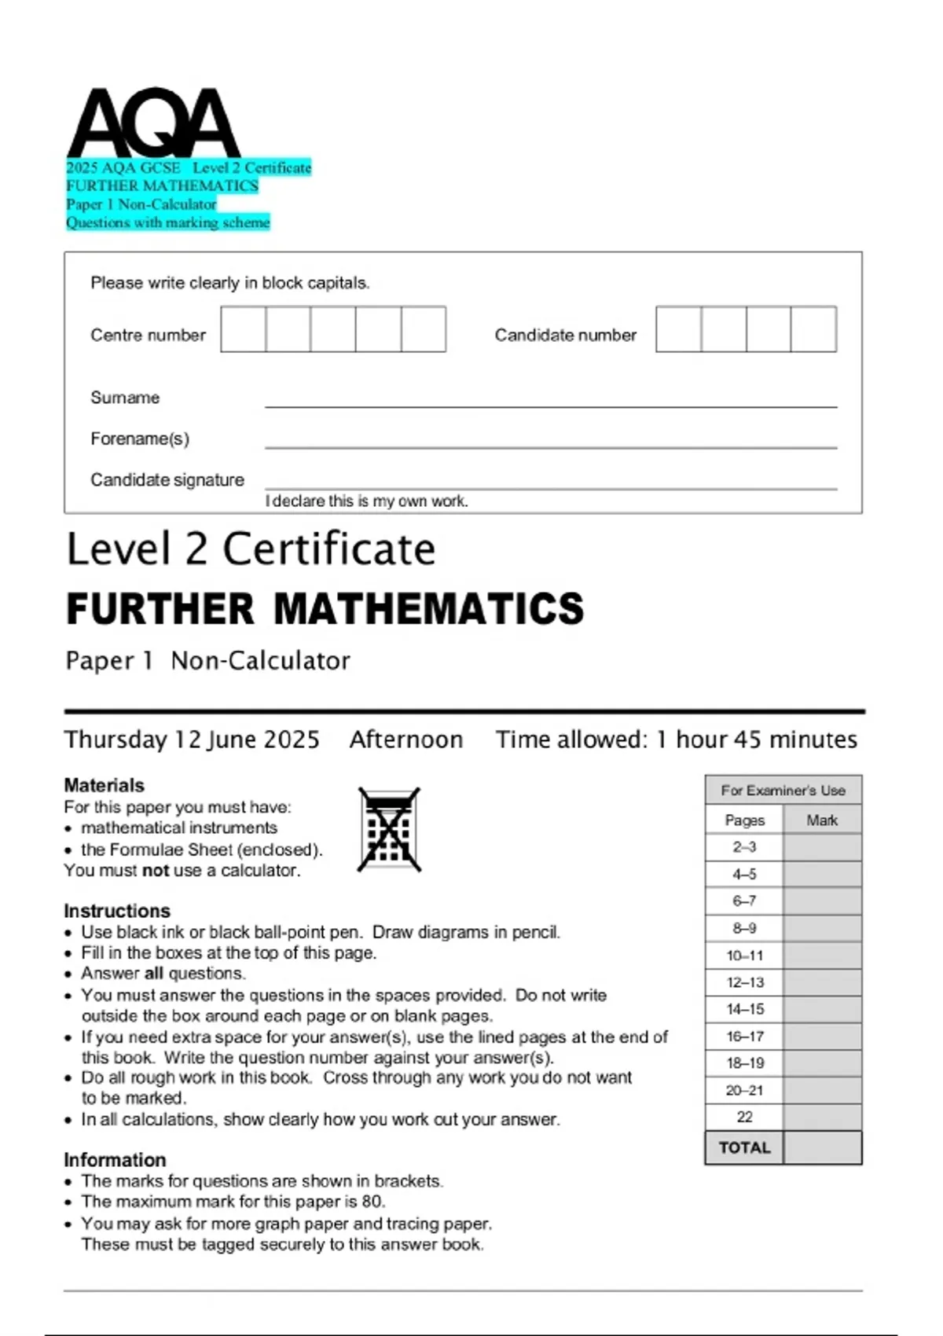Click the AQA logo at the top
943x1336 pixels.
click(154, 124)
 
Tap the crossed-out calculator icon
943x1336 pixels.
click(389, 830)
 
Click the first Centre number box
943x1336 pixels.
click(243, 329)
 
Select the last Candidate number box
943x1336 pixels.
click(813, 329)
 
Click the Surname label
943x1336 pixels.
click(125, 398)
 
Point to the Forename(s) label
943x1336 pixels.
click(140, 439)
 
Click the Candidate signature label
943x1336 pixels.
click(167, 479)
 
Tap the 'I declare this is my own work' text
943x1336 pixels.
click(366, 501)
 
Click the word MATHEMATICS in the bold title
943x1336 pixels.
click(428, 609)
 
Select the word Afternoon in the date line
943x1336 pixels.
click(406, 740)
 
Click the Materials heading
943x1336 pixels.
click(105, 785)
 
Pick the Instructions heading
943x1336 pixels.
click(117, 911)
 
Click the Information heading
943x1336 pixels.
click(115, 1160)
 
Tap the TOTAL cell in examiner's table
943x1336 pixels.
click(744, 1148)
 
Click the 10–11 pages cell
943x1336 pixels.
click(744, 956)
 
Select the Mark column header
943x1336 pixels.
click(822, 820)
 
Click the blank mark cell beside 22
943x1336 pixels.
click(822, 1117)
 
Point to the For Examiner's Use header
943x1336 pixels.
click(783, 791)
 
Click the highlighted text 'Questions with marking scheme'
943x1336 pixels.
click(167, 222)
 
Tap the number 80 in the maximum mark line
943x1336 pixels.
click(372, 1202)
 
